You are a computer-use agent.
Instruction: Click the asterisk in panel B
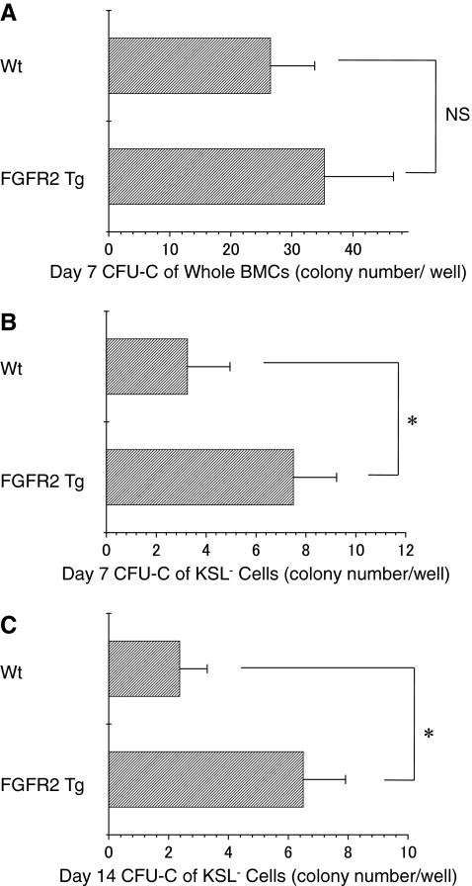(x=415, y=423)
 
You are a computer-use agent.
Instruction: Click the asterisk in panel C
(x=429, y=734)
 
